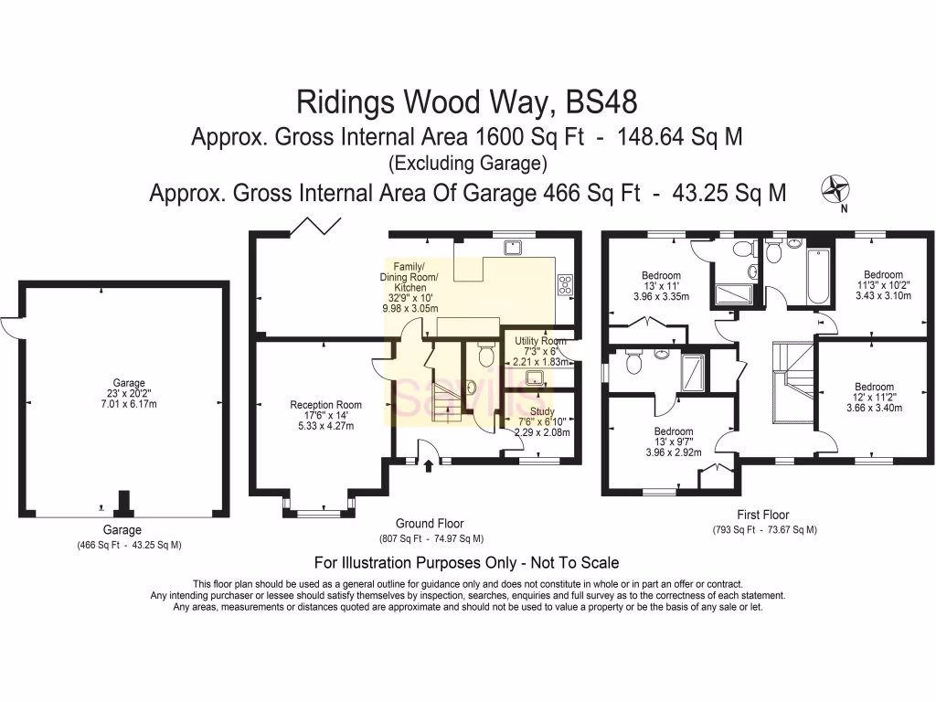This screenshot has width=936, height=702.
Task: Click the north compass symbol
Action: click(x=835, y=189)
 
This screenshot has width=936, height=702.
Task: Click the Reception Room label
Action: click(x=325, y=414)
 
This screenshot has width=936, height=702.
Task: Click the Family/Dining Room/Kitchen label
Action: click(x=408, y=288)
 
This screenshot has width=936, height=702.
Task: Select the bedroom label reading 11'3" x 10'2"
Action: click(x=883, y=285)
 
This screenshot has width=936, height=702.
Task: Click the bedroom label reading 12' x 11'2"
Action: click(x=873, y=398)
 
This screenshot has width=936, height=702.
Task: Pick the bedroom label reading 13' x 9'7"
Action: click(x=673, y=441)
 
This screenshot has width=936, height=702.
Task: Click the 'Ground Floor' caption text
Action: click(x=431, y=524)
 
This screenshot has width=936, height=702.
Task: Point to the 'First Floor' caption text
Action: click(x=763, y=515)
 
